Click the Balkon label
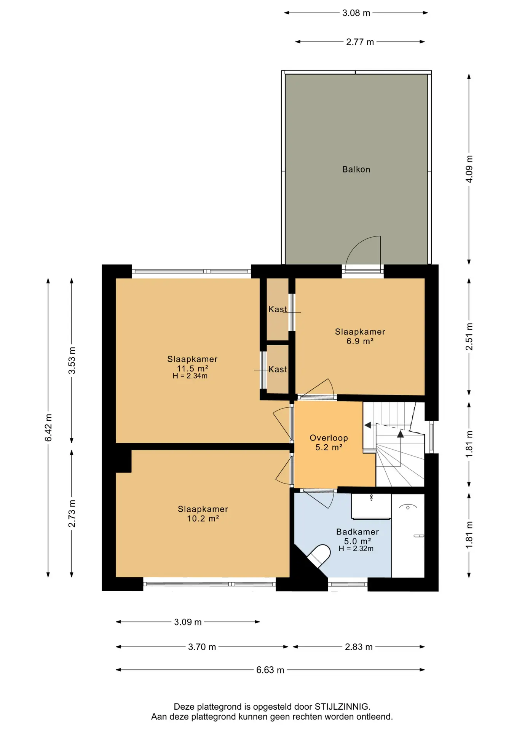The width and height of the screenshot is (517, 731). click(356, 169)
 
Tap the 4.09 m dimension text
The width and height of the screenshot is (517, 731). click(469, 169)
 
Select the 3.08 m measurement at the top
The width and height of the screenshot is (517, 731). click(356, 13)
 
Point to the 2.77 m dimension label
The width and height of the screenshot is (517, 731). click(360, 42)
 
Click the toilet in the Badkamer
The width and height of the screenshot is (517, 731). click(319, 555)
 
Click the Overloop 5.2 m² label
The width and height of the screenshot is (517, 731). click(329, 442)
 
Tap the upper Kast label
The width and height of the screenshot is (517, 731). click(278, 309)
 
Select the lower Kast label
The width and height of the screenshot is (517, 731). click(278, 369)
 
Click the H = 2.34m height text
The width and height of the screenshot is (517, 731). click(190, 376)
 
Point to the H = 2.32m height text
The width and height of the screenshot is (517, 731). click(356, 549)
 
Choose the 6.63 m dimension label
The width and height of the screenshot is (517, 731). click(270, 670)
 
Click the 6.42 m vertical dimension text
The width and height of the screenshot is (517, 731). click(48, 428)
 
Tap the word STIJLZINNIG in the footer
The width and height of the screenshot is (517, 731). click(341, 707)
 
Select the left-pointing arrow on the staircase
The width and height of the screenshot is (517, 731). click(368, 425)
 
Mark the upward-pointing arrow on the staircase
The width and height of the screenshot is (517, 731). click(400, 434)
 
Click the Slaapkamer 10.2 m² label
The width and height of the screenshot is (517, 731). click(203, 514)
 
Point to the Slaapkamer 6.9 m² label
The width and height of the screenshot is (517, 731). click(360, 336)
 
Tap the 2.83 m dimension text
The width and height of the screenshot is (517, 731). click(359, 647)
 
